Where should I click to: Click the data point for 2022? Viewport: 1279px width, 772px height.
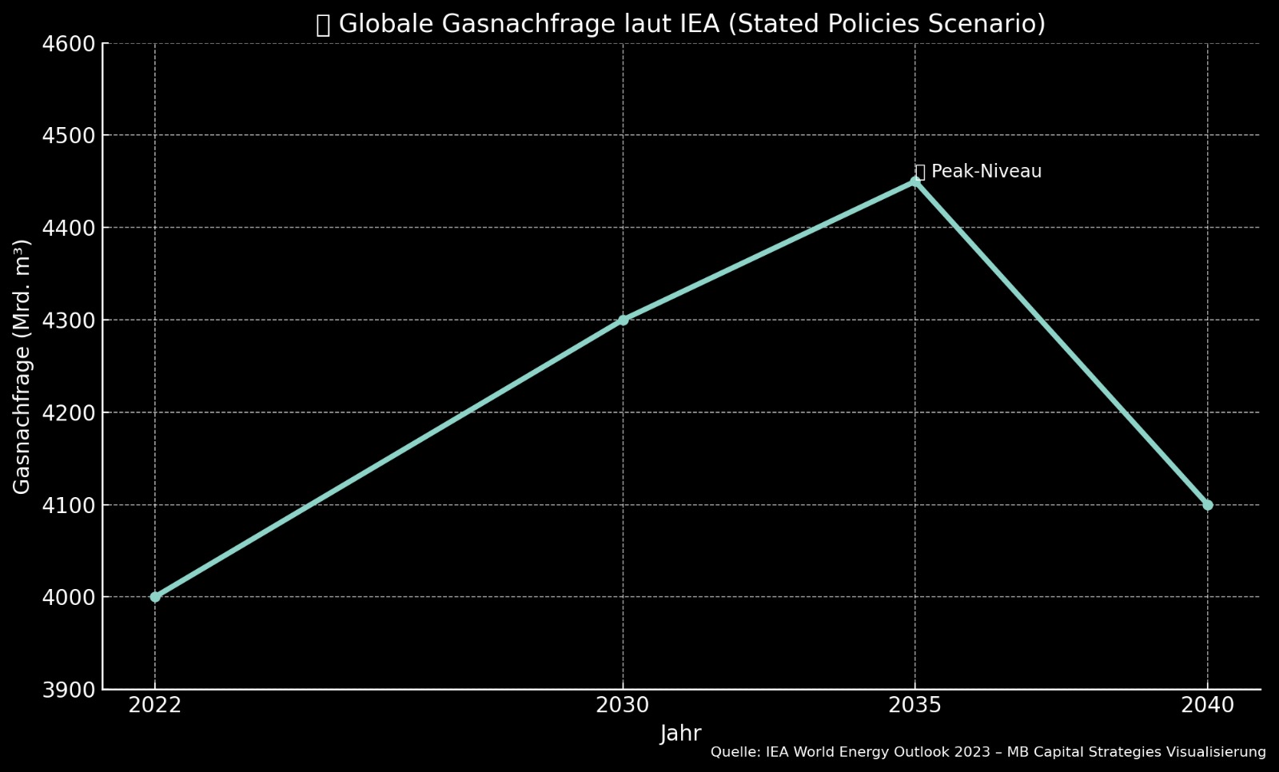point(155,597)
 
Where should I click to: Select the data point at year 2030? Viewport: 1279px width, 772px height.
point(623,320)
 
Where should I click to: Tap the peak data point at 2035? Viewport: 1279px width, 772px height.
point(915,181)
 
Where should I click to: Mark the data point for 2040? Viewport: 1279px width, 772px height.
point(1207,505)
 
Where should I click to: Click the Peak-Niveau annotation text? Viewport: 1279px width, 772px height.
point(986,172)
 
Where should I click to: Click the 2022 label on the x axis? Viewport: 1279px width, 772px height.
point(155,705)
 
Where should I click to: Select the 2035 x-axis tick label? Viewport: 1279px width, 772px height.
point(915,705)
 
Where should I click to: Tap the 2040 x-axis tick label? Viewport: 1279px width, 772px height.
point(1207,705)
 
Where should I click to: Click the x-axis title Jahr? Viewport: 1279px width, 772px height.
point(680,734)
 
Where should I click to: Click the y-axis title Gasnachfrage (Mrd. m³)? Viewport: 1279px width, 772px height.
point(22,366)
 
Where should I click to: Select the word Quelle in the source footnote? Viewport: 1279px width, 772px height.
point(734,752)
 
